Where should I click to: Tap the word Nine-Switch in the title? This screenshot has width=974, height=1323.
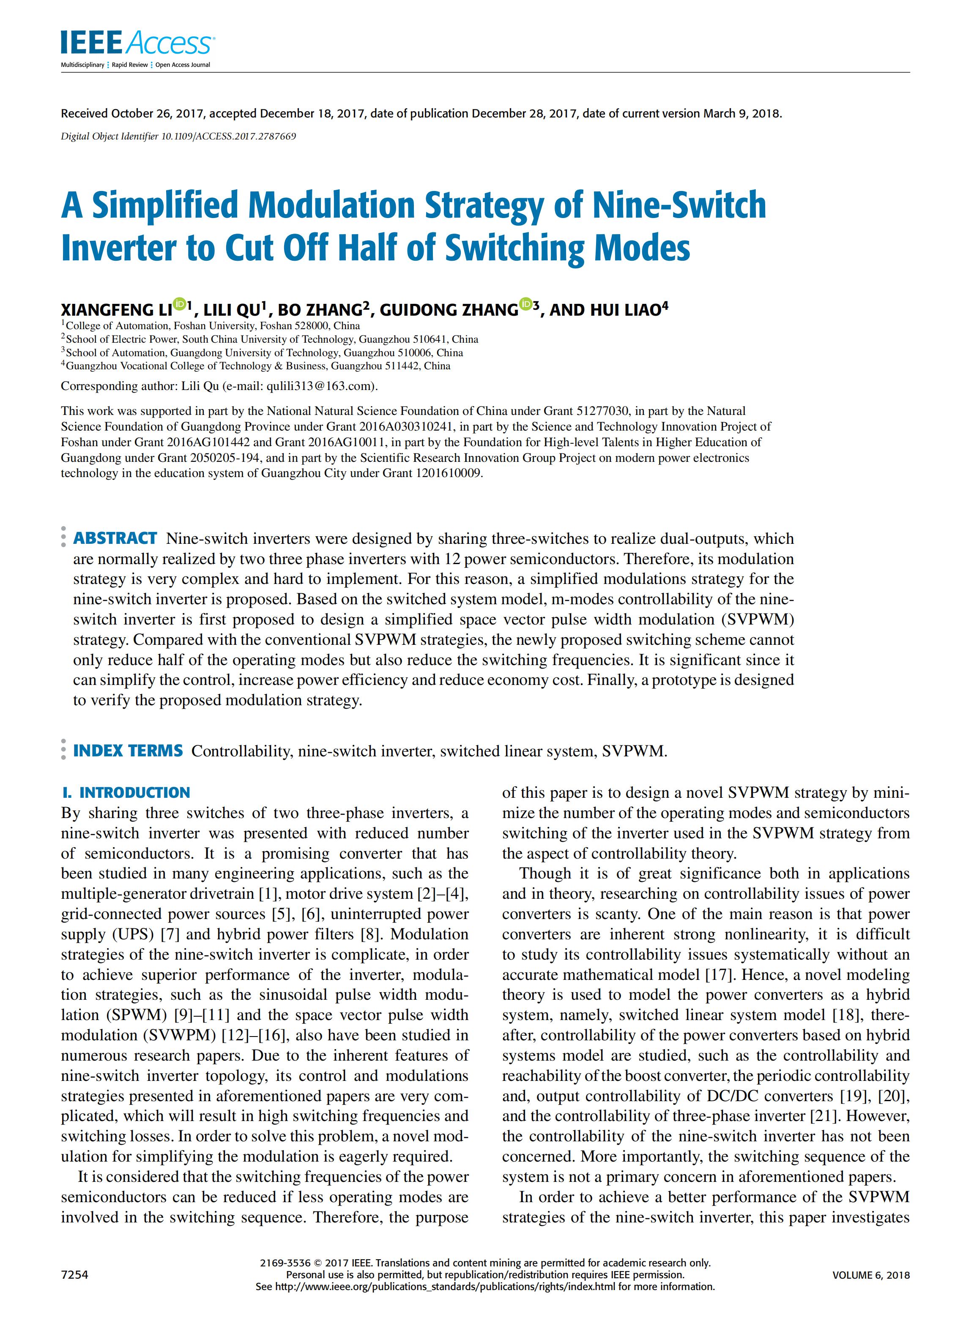pos(679,206)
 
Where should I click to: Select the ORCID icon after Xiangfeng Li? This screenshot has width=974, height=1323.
pos(180,305)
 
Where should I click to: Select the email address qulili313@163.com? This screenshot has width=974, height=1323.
pos(320,386)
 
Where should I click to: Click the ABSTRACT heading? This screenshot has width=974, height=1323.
pos(115,538)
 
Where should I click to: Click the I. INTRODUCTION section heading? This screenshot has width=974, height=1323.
pos(126,792)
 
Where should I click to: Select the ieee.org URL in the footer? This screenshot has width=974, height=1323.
pos(436,1287)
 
